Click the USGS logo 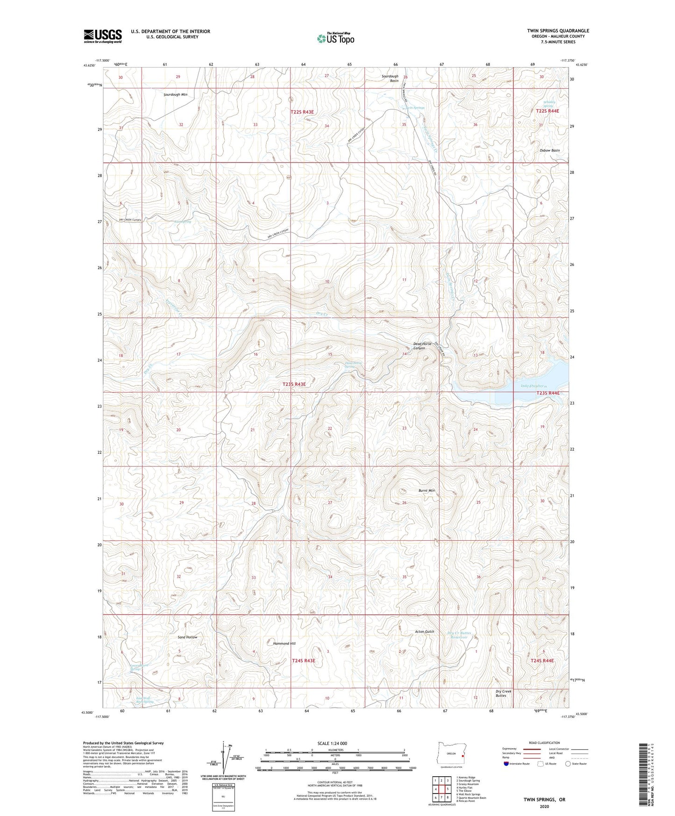pos(103,36)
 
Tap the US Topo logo pos(334,38)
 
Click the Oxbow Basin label pos(549,150)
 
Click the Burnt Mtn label pos(426,491)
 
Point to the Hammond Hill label pos(284,644)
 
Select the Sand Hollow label pos(187,637)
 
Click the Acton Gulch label pos(425,632)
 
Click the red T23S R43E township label pos(294,384)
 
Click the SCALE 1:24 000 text pos(334,744)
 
